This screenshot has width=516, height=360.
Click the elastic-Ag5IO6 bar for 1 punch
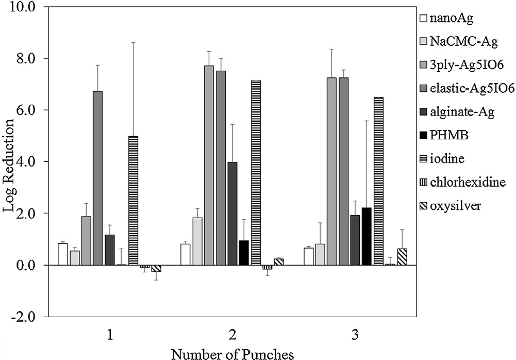(98, 178)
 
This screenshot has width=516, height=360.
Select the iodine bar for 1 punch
(133, 201)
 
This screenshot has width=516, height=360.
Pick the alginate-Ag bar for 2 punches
(232, 214)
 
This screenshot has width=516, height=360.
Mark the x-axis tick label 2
(232, 336)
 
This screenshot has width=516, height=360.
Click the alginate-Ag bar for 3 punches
(355, 240)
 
